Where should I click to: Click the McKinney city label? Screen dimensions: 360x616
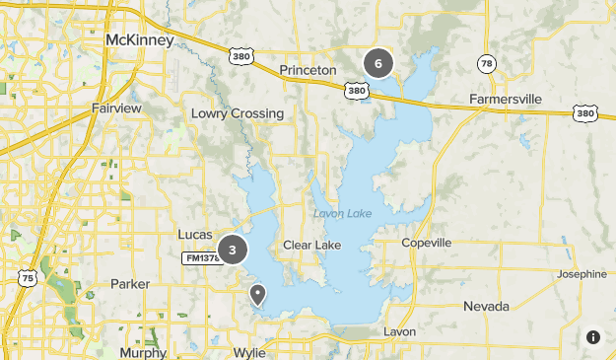[139, 39]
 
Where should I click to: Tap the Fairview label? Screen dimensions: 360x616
[116, 108]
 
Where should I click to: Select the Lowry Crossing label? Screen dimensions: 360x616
[238, 113]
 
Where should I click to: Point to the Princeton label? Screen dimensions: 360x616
[308, 70]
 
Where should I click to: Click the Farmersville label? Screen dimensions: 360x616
[506, 100]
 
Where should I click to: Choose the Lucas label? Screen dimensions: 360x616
[194, 234]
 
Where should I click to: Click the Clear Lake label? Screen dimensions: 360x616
[311, 245]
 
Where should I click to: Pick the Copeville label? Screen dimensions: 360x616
[427, 243]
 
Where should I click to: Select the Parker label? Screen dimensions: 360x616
[130, 284]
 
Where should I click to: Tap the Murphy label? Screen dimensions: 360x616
[143, 352]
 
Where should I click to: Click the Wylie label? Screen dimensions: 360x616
[249, 352]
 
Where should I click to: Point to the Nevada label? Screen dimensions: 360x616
[486, 306]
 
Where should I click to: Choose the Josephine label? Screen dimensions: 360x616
[582, 274]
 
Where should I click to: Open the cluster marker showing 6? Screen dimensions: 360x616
[377, 64]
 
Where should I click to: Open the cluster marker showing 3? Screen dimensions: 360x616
[233, 251]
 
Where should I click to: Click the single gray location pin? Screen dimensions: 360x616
[258, 294]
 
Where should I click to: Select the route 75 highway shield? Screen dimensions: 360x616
[28, 279]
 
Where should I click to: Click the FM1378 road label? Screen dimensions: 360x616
[203, 258]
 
